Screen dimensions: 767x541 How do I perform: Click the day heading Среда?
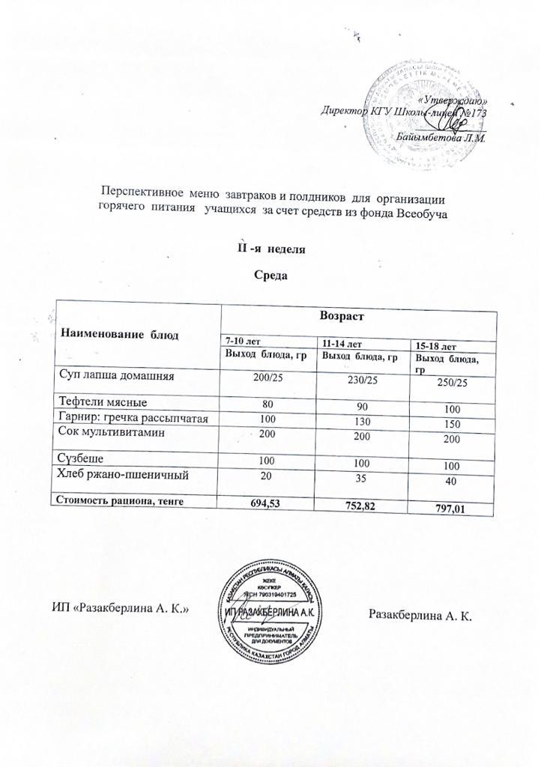(x=273, y=275)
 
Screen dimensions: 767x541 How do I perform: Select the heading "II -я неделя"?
(x=271, y=247)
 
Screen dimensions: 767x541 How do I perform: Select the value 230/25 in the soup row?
(x=345, y=381)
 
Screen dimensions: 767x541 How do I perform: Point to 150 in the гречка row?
(x=452, y=425)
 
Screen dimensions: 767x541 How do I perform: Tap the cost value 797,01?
(x=452, y=510)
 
